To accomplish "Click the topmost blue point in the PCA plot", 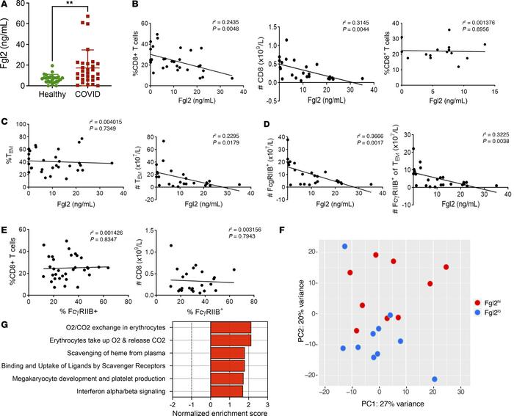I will (344, 247).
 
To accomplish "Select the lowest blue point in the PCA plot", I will (434, 379).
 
